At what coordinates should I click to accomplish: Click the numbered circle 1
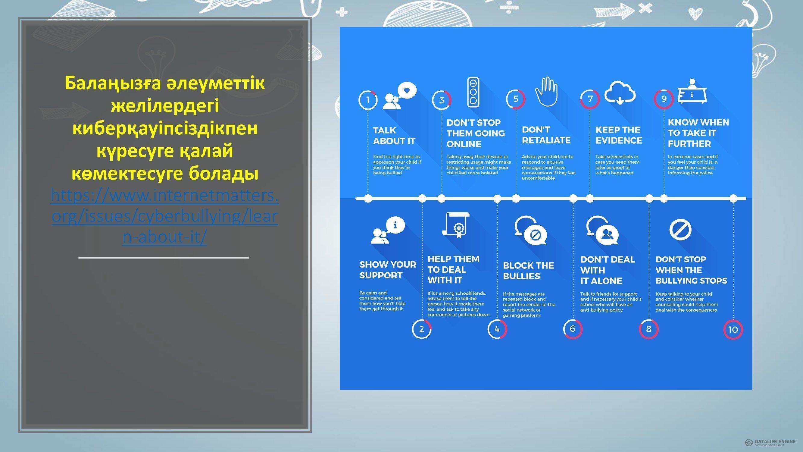coord(368,100)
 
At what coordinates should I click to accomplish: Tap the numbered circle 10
coord(733,329)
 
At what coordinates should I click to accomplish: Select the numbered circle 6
coord(573,329)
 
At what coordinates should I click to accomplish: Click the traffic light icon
coord(473,92)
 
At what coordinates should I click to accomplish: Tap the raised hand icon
coord(546,91)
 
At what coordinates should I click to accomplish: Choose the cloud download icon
coord(620,93)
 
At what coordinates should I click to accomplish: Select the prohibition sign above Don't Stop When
coord(680,230)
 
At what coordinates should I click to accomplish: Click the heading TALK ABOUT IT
coord(394,136)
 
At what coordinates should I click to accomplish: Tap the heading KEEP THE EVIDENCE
coord(618,135)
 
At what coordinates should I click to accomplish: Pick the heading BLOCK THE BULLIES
coord(528,271)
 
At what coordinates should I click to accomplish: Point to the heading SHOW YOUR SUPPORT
coord(388,270)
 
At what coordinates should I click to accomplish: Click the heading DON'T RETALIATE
coord(546,135)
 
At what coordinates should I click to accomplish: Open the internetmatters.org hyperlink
coord(164,216)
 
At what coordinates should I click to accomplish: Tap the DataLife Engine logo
coord(770,442)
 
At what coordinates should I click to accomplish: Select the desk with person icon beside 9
coord(692,91)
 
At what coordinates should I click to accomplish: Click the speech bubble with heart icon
coord(399,96)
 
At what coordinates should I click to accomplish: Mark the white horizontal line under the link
coord(164,258)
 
